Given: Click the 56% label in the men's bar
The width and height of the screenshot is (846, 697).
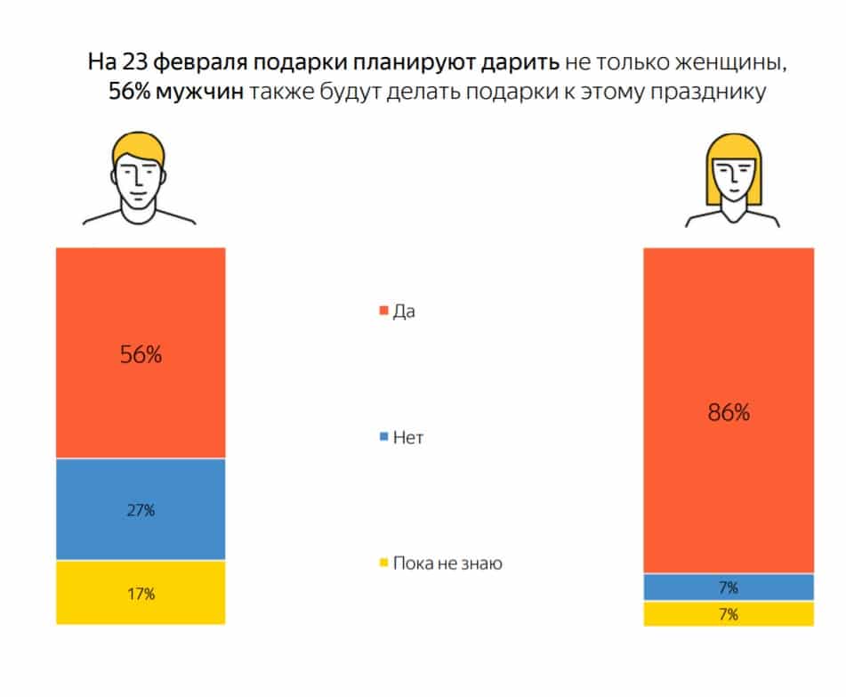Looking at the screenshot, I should click(x=141, y=354).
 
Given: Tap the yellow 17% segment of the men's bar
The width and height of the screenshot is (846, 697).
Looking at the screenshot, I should click(x=141, y=593).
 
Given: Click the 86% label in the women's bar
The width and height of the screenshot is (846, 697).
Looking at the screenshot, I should click(x=729, y=413).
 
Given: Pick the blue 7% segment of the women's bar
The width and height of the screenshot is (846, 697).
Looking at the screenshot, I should click(x=729, y=587).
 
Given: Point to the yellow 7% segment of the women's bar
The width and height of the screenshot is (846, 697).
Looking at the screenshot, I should click(x=729, y=614).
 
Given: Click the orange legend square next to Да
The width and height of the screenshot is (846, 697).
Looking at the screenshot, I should click(x=384, y=312).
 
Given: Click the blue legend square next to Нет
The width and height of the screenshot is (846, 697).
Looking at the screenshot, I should click(x=384, y=438).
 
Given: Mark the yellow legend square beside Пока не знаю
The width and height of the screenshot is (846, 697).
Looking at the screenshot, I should click(x=384, y=563).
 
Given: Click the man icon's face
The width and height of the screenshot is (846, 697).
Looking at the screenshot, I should click(x=140, y=176).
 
